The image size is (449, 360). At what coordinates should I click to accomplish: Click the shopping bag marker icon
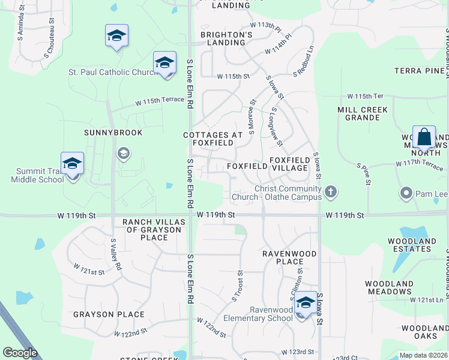(424, 137)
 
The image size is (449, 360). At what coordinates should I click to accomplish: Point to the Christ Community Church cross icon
(330, 193)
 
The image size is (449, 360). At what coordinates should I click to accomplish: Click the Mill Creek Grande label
(363, 113)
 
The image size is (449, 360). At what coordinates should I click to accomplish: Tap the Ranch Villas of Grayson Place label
(152, 230)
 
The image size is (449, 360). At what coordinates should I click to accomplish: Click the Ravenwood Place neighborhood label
(289, 257)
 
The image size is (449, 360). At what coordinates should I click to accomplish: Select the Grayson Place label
(109, 314)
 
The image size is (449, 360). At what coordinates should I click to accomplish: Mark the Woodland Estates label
(412, 245)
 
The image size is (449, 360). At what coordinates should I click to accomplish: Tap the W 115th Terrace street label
(159, 102)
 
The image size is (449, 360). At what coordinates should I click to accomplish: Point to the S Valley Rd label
(116, 254)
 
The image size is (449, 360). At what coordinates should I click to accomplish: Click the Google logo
(20, 353)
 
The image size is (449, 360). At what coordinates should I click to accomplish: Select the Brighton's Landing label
(226, 39)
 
